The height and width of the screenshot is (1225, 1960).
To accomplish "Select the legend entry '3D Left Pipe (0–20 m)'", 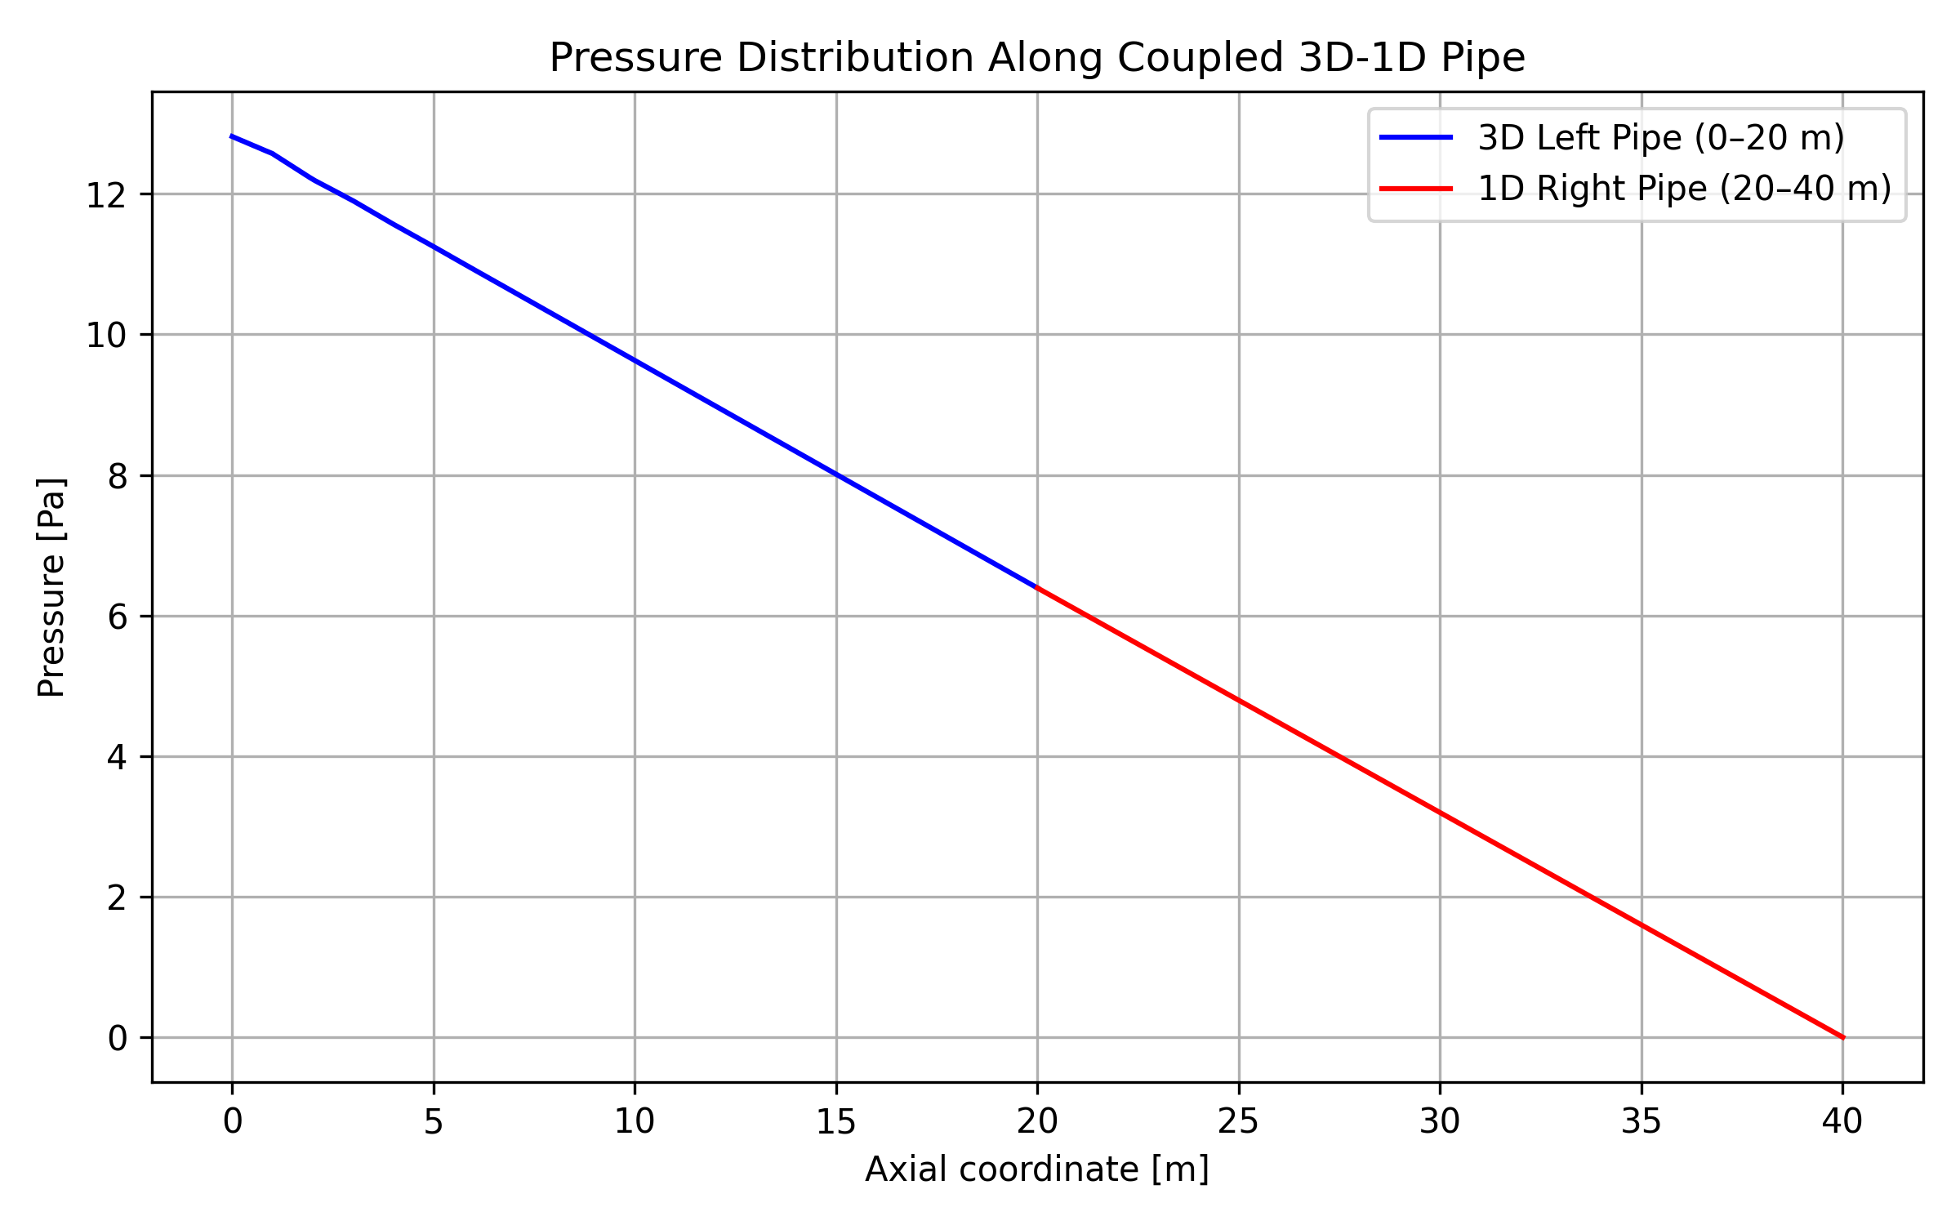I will point(1661,138).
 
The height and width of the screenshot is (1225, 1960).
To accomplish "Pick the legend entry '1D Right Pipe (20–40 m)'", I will point(1685,189).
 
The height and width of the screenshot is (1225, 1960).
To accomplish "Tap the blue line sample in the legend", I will point(1416,138).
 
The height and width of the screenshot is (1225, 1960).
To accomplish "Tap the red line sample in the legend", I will point(1416,189).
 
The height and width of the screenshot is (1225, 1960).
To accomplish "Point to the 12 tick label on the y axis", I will point(106,196).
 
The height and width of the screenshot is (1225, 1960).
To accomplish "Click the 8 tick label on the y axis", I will point(118,477).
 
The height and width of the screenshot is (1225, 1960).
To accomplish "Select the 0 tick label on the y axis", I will point(118,1039).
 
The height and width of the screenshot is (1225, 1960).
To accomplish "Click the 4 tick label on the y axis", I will point(118,758).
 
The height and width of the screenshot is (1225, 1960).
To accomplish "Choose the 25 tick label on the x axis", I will point(1239,1123).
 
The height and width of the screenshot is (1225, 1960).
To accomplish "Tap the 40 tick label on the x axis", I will point(1842,1123).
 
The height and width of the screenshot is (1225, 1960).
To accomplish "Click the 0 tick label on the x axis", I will point(233,1123).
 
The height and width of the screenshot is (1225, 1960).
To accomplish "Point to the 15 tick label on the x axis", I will point(836,1123).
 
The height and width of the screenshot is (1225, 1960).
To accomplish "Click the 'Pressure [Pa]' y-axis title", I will point(51,588).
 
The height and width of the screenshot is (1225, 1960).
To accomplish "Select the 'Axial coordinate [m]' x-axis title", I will point(1037,1169).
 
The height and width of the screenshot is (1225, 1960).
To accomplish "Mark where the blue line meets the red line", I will point(1037,587).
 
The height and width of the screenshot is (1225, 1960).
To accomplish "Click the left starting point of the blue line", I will point(233,136).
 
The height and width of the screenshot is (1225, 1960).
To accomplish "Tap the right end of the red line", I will point(1843,1038).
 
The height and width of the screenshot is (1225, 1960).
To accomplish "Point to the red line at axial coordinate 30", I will point(1440,813).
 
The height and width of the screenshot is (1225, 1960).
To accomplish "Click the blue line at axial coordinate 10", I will point(635,360).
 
